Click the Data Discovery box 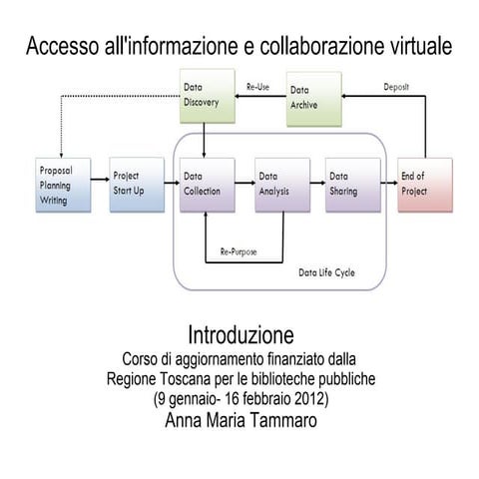pos(206,96)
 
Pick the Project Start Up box pos(137,185)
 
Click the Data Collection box pos(207,185)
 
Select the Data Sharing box pos(353,185)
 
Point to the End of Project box pos(424,185)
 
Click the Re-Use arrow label pos(259,88)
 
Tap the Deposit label pos(396,87)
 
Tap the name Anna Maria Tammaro pos(240,420)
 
